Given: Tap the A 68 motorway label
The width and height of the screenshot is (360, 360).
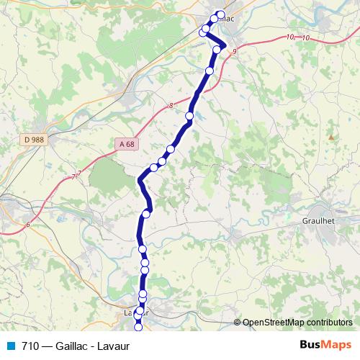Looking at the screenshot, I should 127,144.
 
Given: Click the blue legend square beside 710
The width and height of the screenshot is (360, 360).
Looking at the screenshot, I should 10,346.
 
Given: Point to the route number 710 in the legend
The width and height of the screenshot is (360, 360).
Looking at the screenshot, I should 30,346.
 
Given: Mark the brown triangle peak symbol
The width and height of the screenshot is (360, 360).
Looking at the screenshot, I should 331,136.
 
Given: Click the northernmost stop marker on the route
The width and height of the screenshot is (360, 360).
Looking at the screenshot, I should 220,14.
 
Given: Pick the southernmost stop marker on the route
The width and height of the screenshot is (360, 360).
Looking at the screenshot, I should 138,329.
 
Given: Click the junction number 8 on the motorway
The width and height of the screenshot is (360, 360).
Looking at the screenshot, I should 171,106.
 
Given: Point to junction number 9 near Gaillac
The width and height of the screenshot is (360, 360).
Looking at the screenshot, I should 235,50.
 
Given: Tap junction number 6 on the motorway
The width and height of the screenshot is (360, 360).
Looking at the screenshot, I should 27,225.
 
